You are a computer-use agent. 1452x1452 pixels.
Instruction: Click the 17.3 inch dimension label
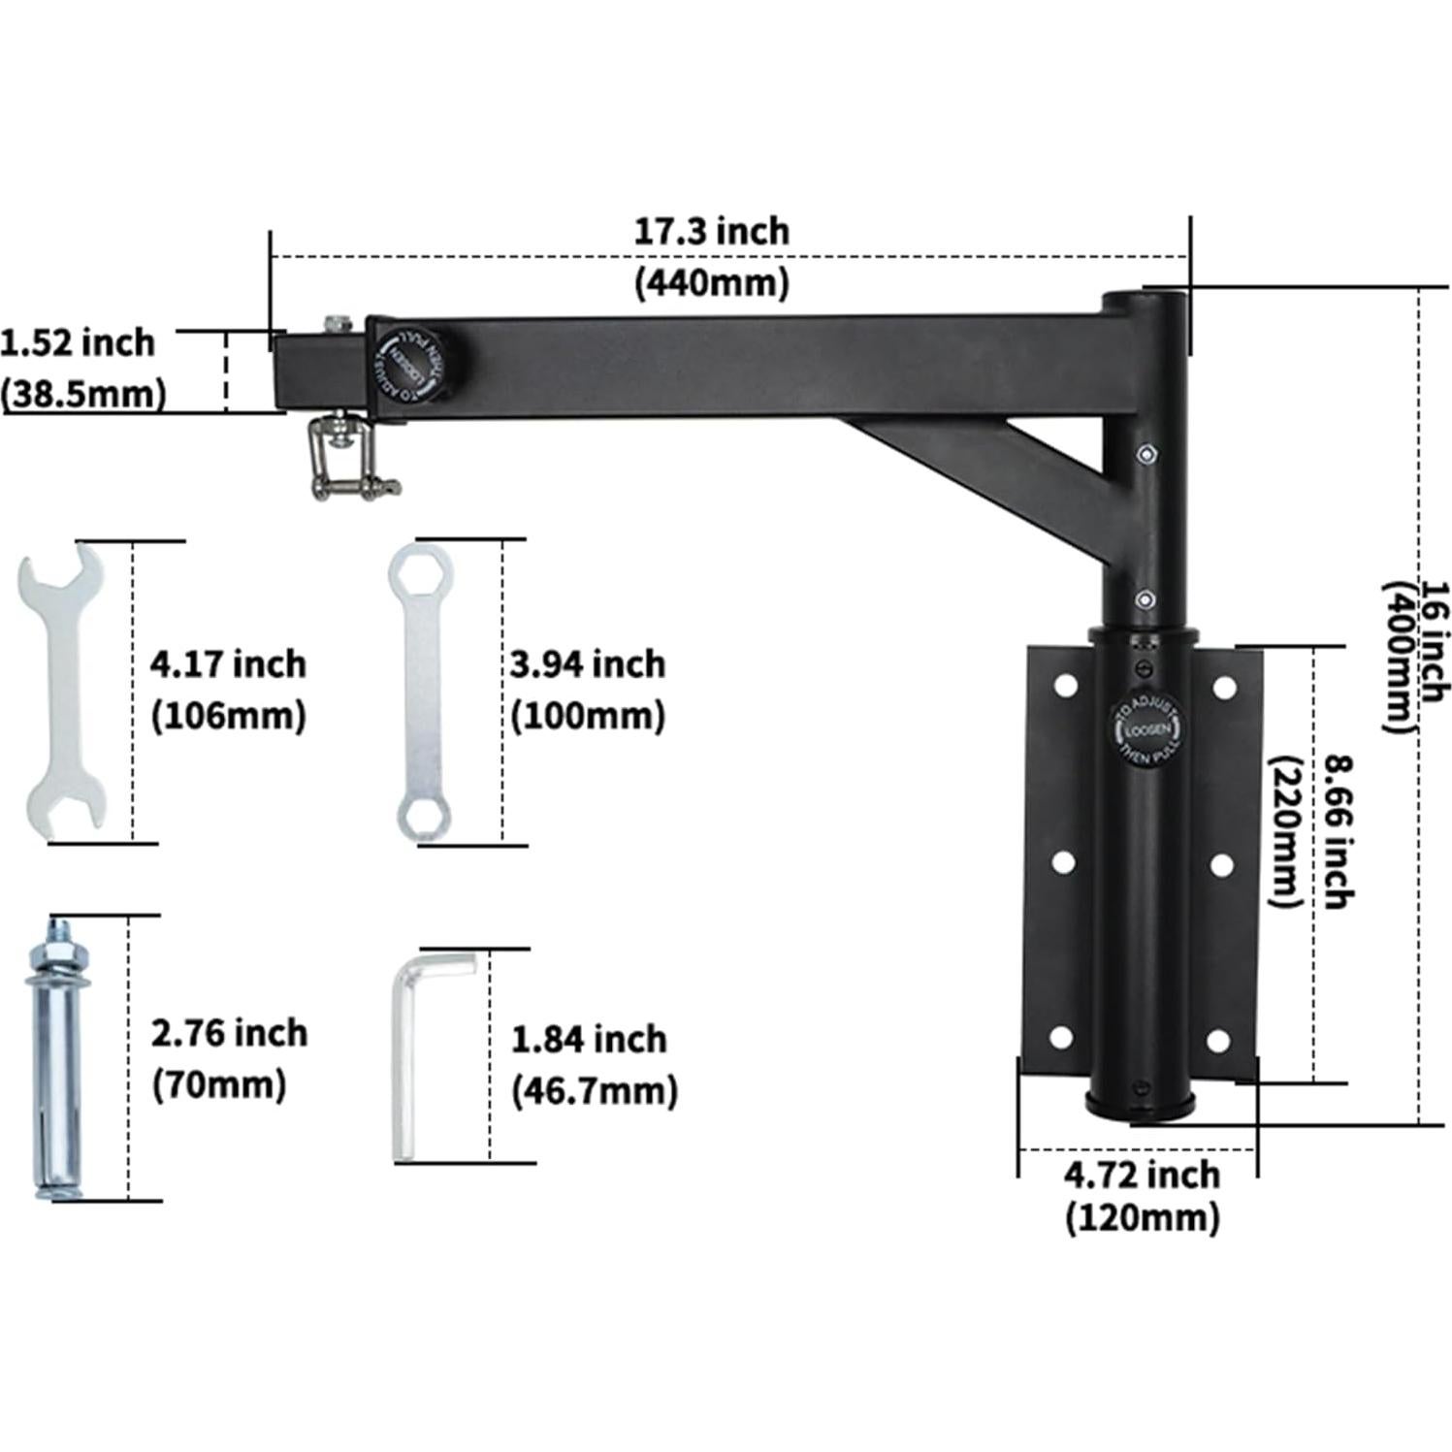pyautogui.click(x=711, y=232)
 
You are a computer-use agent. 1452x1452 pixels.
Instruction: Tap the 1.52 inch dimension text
pyautogui.click(x=78, y=343)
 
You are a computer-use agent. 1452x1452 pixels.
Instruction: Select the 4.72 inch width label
pyautogui.click(x=1142, y=1175)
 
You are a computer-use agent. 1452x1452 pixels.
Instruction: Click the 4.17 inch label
pyautogui.click(x=228, y=664)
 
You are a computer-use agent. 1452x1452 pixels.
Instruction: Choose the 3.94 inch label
pyautogui.click(x=588, y=664)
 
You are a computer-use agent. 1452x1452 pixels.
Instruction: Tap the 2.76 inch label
pyautogui.click(x=229, y=1033)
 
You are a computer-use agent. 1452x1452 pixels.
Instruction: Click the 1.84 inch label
pyautogui.click(x=589, y=1039)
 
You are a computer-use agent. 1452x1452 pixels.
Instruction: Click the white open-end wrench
pyautogui.click(x=61, y=692)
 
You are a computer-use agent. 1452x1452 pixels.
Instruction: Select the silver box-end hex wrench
pyautogui.click(x=421, y=692)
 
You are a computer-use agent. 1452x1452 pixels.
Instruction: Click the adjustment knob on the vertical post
pyautogui.click(x=1146, y=732)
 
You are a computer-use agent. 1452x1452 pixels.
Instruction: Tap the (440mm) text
pyautogui.click(x=711, y=282)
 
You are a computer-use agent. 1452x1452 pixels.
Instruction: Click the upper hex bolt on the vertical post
pyautogui.click(x=1145, y=453)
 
